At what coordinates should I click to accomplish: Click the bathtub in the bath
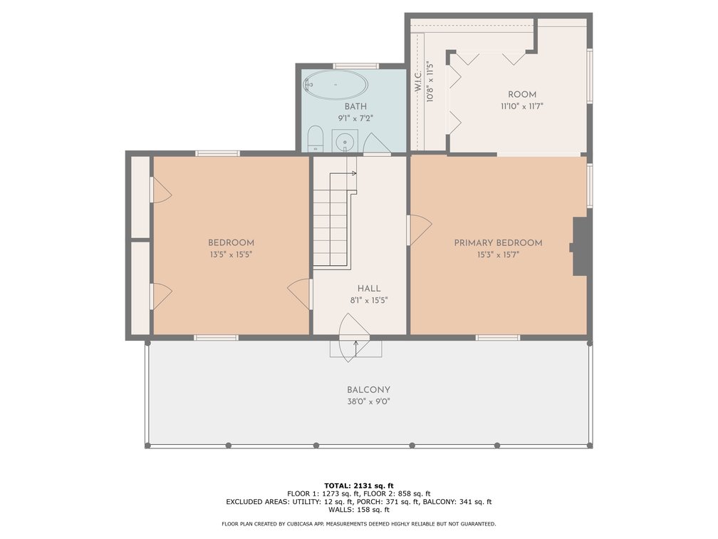335,85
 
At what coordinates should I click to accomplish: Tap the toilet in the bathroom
315,138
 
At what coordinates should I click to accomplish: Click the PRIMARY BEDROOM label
498,243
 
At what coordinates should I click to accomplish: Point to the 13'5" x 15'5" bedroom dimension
231,255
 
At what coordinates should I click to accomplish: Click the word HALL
369,289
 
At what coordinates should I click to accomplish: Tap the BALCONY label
368,390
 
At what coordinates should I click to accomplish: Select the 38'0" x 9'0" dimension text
368,402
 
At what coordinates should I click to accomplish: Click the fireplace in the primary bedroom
579,247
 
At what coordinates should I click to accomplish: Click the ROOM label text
522,94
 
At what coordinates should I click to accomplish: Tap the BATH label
355,106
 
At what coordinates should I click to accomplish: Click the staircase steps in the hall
331,221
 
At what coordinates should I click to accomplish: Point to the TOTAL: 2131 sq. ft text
359,486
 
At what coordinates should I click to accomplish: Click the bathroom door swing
376,143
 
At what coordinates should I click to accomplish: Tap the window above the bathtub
356,66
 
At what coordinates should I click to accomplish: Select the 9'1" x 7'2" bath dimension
355,118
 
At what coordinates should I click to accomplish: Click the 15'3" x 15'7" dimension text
498,255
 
